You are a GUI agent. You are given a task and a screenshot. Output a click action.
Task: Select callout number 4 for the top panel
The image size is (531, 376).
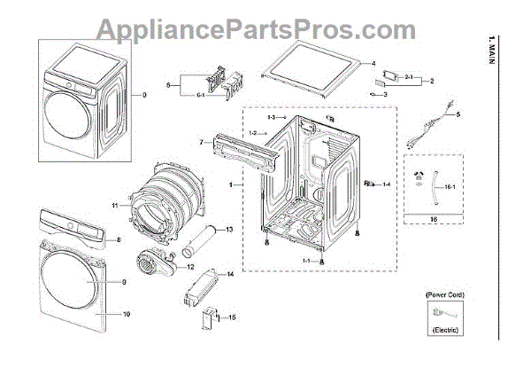373,64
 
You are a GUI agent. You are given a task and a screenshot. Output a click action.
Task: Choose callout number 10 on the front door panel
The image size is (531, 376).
126,314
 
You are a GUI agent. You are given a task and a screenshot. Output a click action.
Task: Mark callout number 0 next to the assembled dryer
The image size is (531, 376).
144,95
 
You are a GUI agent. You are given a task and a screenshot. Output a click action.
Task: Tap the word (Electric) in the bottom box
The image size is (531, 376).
444,330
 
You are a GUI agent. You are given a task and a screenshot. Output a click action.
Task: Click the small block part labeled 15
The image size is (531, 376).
210,318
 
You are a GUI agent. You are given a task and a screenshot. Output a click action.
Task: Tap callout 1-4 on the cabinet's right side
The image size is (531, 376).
387,184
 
